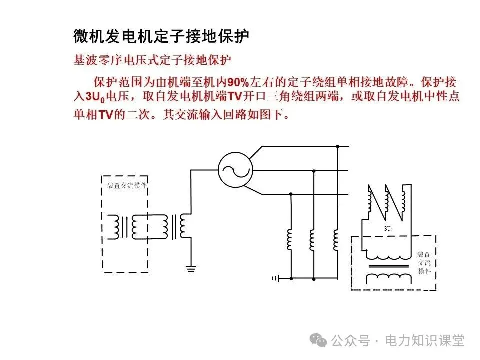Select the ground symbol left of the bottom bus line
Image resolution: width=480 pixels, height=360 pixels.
tap(274, 278)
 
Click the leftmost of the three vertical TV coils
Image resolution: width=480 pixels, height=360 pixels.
tap(290, 239)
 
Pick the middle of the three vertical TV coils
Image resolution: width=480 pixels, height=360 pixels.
tap(313, 239)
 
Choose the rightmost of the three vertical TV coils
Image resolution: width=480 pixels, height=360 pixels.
tap(337, 239)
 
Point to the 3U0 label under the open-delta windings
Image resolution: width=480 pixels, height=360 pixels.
tap(388, 229)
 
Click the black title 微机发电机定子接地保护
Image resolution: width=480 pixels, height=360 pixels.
tap(161, 36)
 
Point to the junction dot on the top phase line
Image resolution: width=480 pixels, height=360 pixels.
tap(338, 146)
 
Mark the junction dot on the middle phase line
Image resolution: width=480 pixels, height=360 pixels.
tap(314, 171)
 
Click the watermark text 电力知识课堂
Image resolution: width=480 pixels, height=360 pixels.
tap(424, 341)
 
